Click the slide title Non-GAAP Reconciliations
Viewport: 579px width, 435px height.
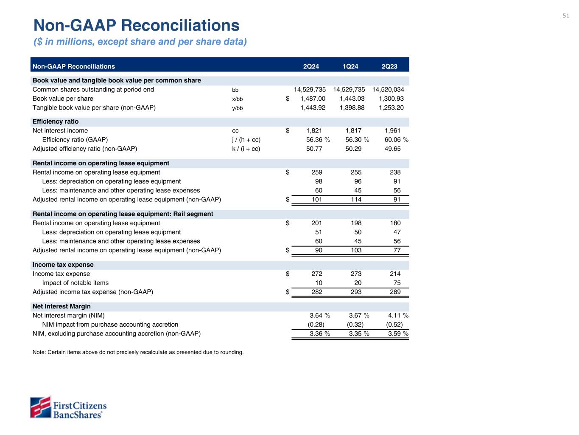[x=136, y=25]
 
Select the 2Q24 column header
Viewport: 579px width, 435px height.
[x=311, y=66]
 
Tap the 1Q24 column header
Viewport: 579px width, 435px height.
[x=350, y=66]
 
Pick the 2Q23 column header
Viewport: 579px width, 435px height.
[x=389, y=66]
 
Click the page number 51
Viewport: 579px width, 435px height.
[x=566, y=16]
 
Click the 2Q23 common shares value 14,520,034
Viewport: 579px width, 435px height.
[x=388, y=90]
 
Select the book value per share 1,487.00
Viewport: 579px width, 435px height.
[x=313, y=99]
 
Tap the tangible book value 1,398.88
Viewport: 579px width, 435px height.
[x=352, y=107]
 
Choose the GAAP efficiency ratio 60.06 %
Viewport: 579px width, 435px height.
[x=393, y=140]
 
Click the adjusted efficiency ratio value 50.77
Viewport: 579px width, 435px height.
[x=314, y=149]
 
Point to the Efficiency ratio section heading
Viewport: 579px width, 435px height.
[x=56, y=121]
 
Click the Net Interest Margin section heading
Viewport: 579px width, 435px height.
[x=62, y=306]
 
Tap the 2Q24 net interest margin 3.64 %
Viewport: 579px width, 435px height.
[x=320, y=316]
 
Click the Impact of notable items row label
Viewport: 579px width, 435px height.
[x=75, y=283]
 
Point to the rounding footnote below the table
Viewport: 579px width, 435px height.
[x=138, y=352]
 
